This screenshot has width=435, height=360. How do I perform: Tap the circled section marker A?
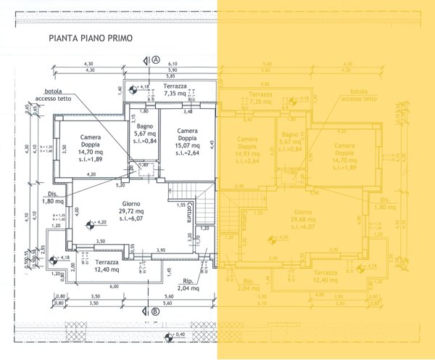click(x=156, y=60)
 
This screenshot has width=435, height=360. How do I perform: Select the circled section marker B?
click(x=156, y=313)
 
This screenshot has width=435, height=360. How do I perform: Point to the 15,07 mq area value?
click(x=188, y=144)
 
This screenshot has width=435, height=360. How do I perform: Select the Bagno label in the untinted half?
click(x=141, y=126)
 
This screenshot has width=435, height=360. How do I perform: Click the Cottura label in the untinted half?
click(x=188, y=212)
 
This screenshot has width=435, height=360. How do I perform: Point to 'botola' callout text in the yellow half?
click(x=357, y=92)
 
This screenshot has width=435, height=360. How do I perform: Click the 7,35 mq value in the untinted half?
click(x=175, y=94)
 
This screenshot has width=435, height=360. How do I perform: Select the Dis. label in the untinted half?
click(x=52, y=195)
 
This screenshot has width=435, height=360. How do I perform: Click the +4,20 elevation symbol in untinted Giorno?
click(x=89, y=224)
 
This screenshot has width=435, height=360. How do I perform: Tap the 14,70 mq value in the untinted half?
click(x=91, y=151)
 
